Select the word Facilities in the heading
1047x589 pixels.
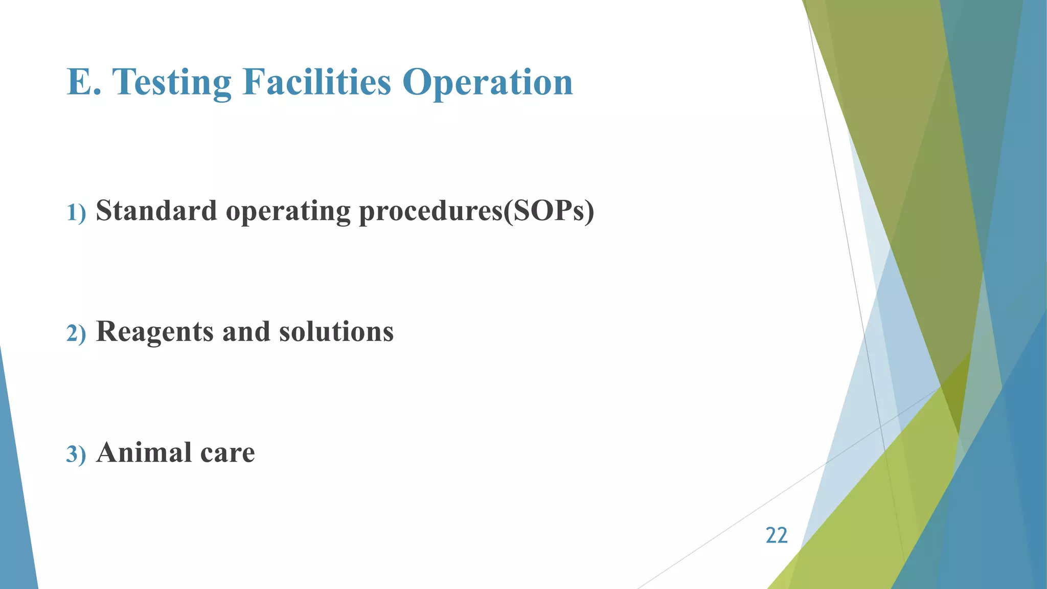[x=316, y=82]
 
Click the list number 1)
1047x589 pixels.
[x=76, y=213]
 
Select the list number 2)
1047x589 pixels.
[x=76, y=334]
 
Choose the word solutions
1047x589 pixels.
[x=336, y=331]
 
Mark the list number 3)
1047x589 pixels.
[x=76, y=455]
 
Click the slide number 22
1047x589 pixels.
[x=776, y=535]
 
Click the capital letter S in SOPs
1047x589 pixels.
[x=520, y=211]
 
